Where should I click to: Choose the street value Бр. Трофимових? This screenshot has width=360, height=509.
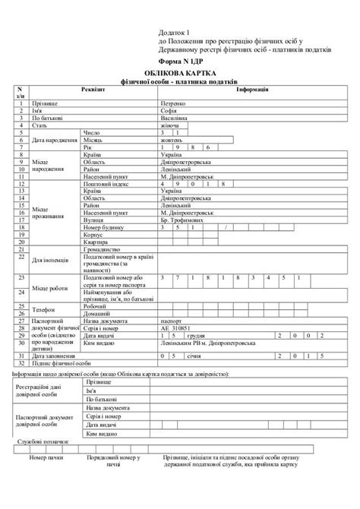182,220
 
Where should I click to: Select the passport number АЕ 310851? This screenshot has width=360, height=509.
175,328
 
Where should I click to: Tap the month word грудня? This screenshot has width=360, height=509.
195,335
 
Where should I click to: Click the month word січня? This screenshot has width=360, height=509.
194,356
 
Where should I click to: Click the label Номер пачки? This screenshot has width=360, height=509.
49,458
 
